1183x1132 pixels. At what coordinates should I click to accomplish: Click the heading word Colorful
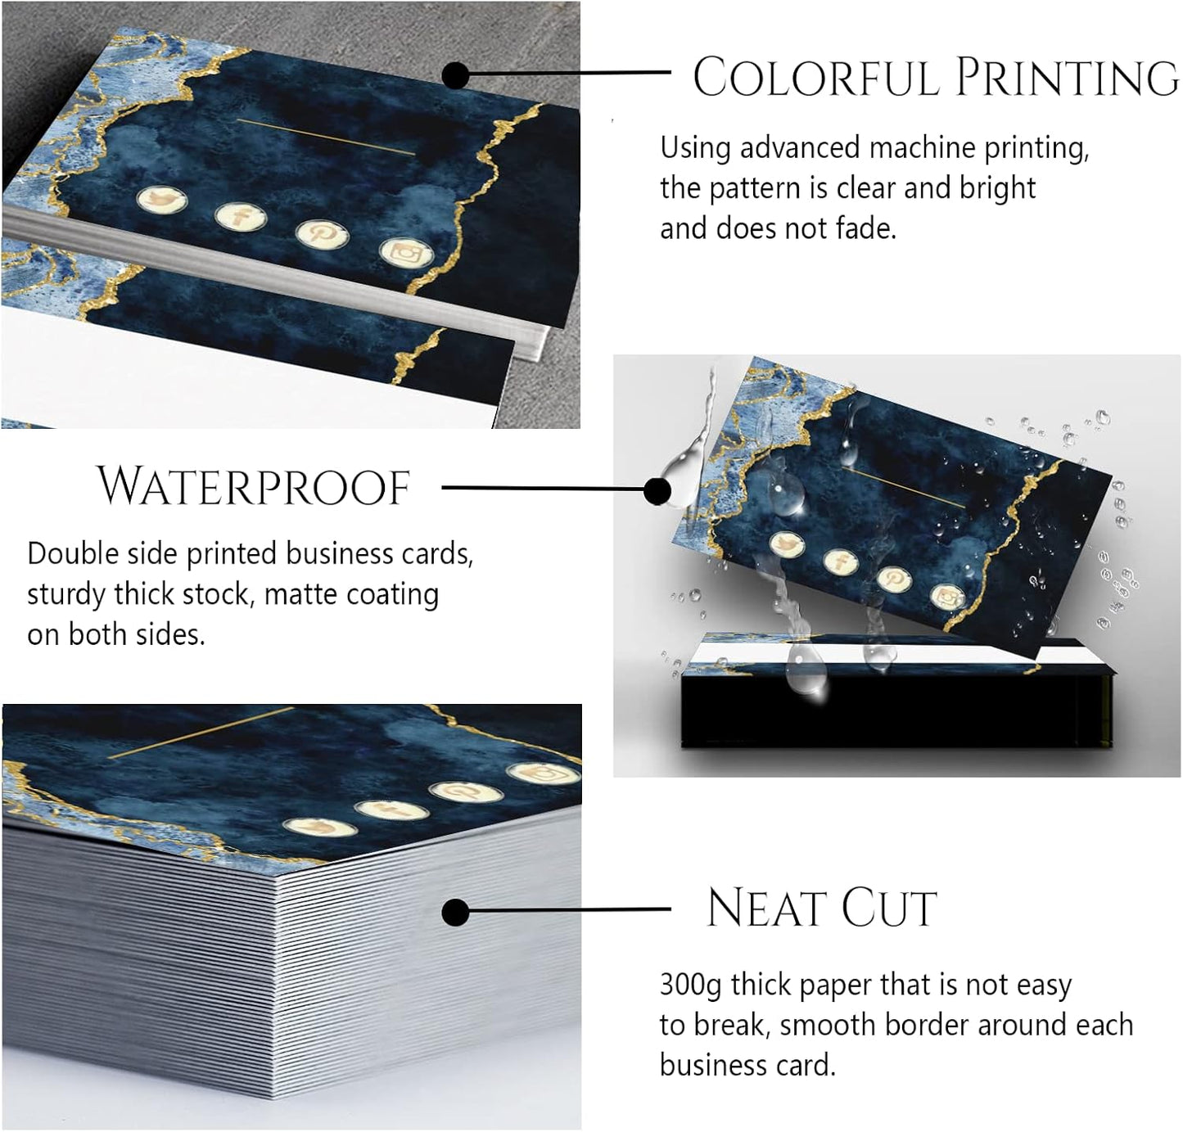point(815,78)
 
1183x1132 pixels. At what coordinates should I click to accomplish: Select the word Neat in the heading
point(766,909)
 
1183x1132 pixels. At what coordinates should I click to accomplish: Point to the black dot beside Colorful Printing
point(455,75)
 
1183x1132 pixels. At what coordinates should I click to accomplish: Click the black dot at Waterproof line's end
point(657,491)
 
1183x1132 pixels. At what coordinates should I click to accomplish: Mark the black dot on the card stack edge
point(455,912)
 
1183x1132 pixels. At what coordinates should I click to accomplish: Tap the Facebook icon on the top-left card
point(242,217)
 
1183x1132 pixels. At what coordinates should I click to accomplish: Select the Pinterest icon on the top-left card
point(322,233)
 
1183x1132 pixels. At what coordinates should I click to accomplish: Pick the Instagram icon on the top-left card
point(406,252)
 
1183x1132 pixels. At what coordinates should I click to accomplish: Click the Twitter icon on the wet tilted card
point(788,544)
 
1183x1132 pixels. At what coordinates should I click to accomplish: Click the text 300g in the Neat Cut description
point(690,985)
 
